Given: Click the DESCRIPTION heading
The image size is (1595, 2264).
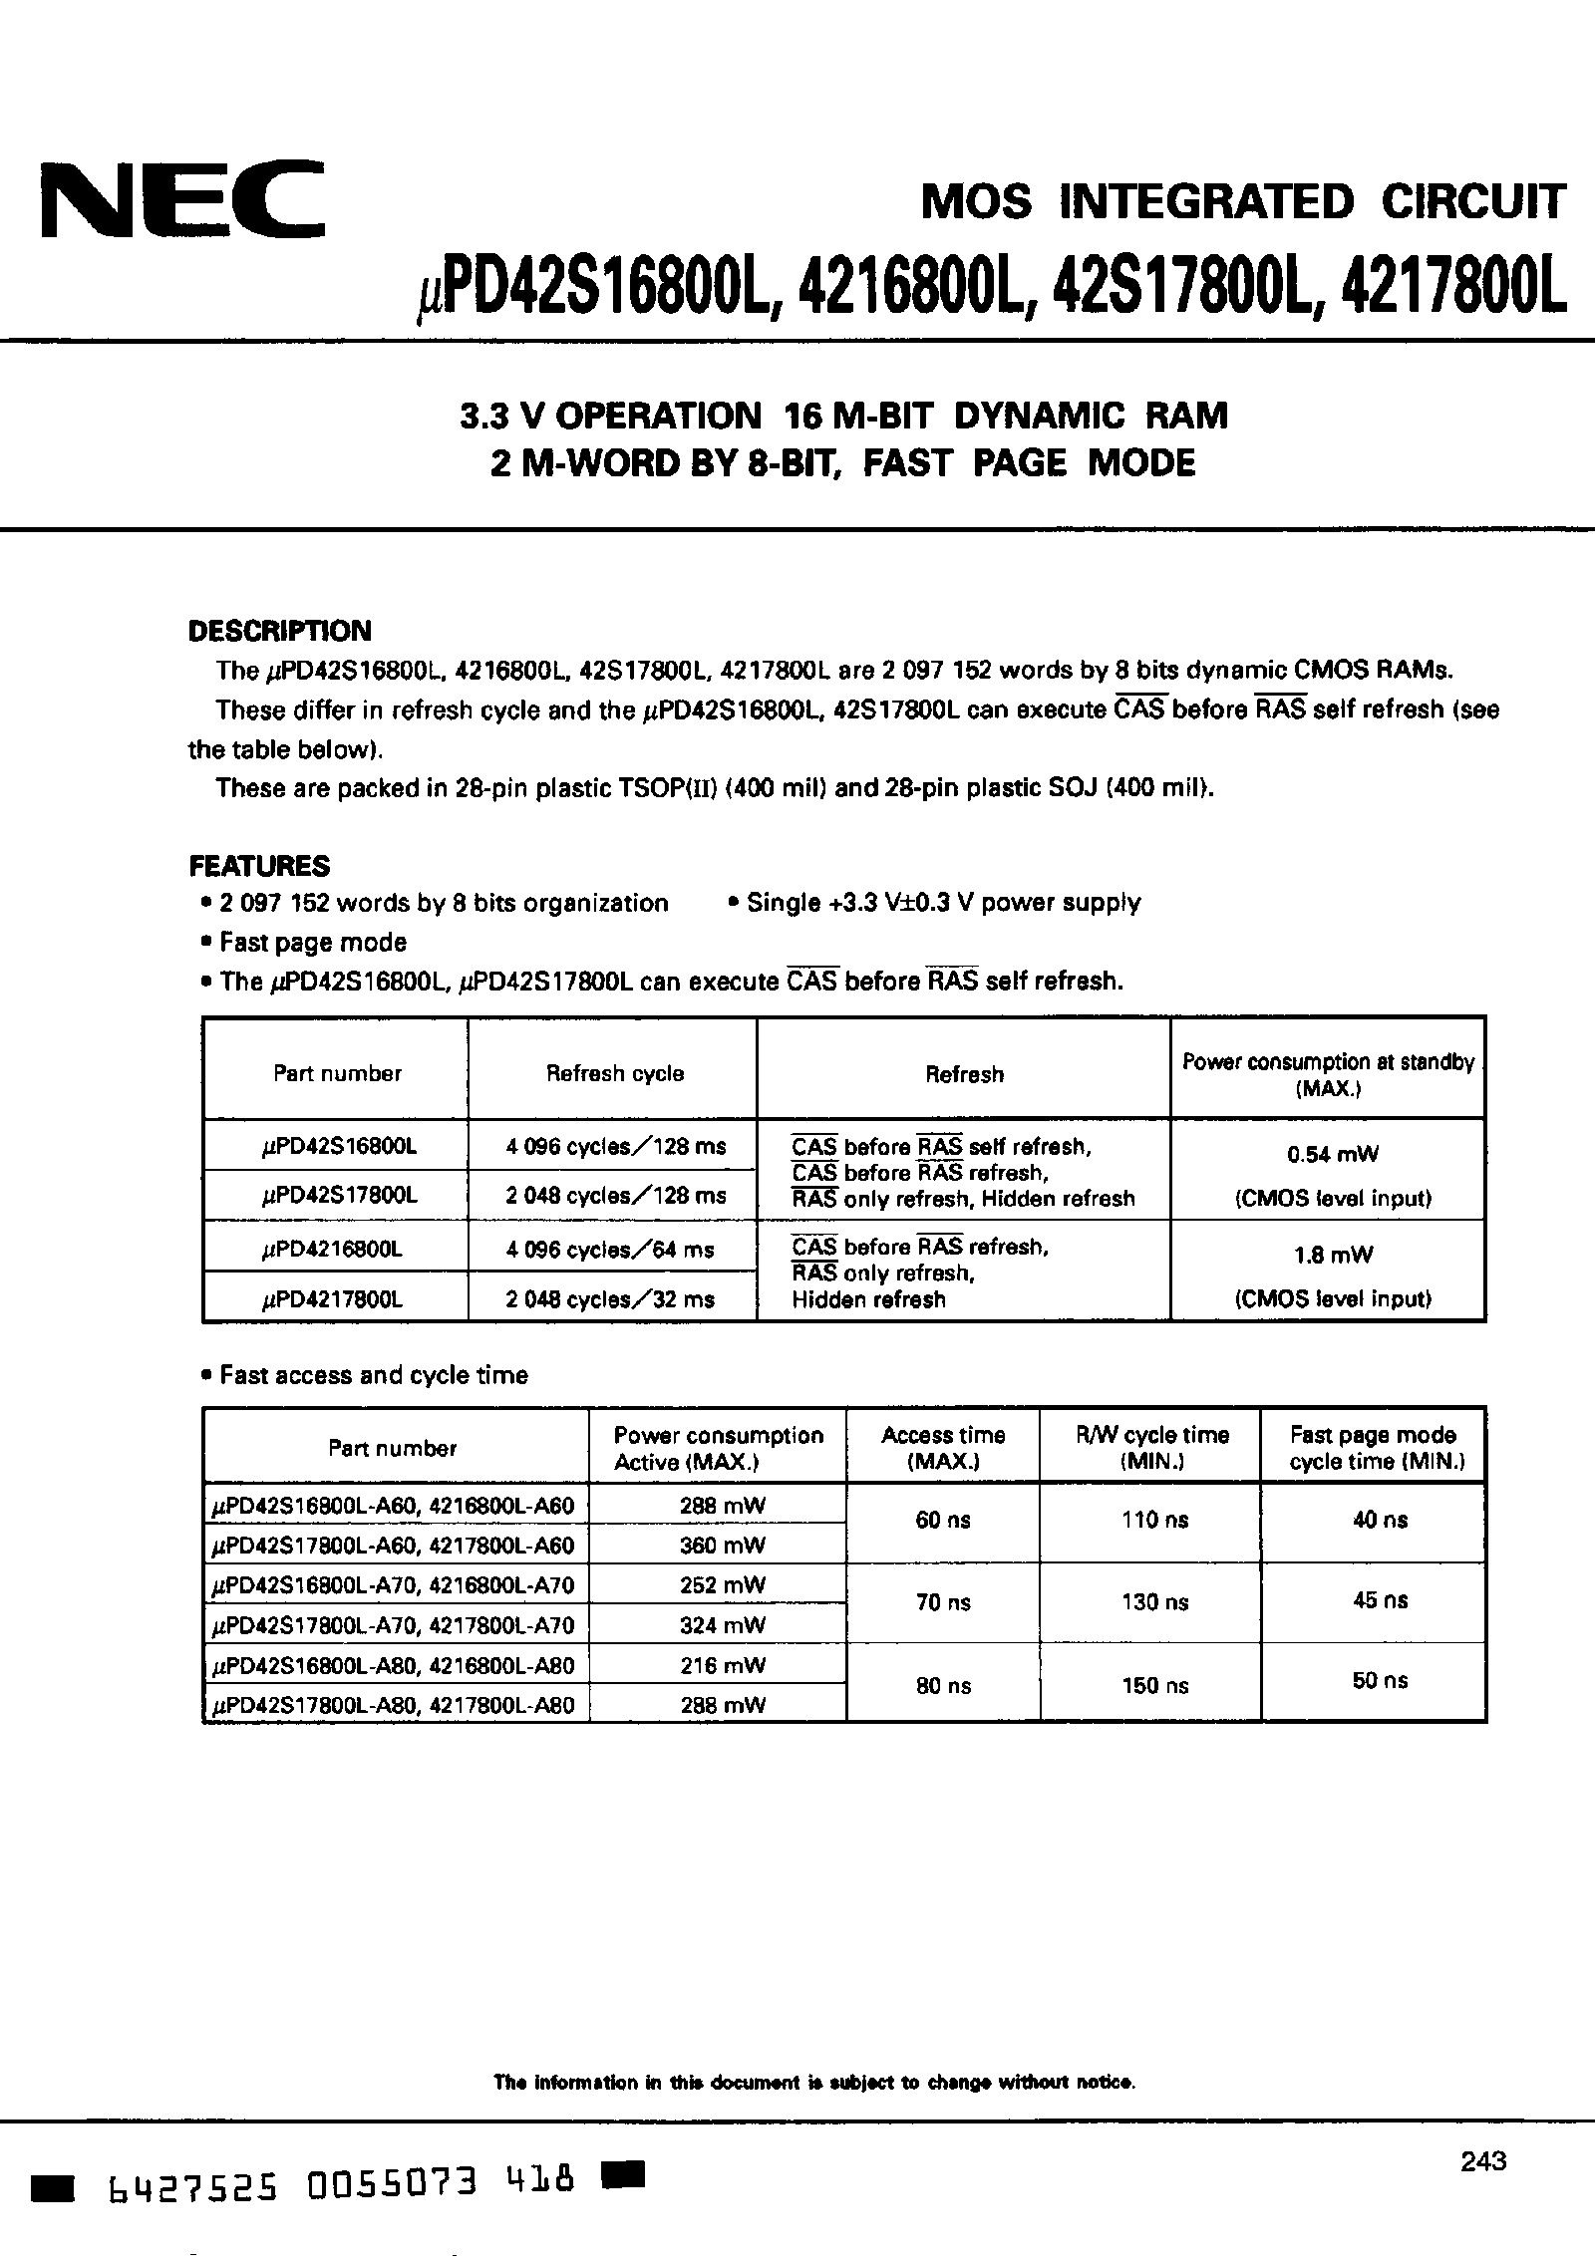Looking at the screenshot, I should pos(279,631).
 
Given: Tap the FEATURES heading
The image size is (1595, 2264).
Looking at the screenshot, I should pos(259,865).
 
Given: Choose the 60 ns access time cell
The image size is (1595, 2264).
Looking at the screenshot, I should pos(942,1521).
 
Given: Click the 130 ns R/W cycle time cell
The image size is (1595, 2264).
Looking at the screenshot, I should pos(1153,1602).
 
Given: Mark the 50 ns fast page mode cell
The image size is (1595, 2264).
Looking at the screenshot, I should pos(1380,1680).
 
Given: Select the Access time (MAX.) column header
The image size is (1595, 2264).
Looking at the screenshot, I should pos(943,1448).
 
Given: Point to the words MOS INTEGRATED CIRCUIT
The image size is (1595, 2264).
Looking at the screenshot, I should pos(1242,202).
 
